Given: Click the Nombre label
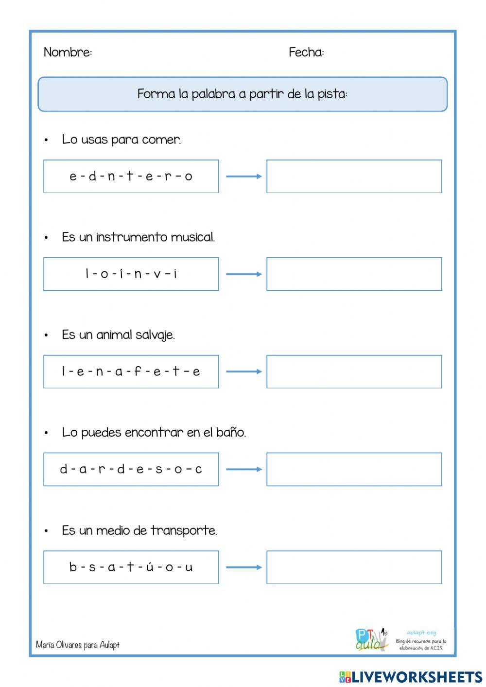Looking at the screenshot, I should (x=68, y=52).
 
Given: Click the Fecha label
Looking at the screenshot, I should (x=306, y=52).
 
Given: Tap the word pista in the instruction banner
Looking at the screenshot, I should (x=332, y=94).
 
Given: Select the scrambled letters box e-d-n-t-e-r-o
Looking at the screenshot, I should (x=131, y=176).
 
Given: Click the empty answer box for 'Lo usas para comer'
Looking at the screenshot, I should (x=354, y=176).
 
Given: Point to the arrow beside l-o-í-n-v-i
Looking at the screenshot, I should (x=243, y=274).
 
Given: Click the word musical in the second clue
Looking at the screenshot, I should (x=193, y=237).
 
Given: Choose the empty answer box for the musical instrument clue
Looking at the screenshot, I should (x=354, y=274).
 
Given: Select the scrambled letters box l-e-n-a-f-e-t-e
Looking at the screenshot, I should (x=131, y=372).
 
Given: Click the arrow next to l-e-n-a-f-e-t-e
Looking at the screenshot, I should (x=243, y=372).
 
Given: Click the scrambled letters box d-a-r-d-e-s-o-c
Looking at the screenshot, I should (x=131, y=470).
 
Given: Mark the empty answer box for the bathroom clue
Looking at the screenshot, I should (x=354, y=470).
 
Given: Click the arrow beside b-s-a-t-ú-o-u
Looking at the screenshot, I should (x=243, y=567).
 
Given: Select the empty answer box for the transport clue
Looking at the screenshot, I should (x=354, y=567).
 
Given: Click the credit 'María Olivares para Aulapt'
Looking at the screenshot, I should (x=78, y=645).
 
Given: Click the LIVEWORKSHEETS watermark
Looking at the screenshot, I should (x=411, y=677).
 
